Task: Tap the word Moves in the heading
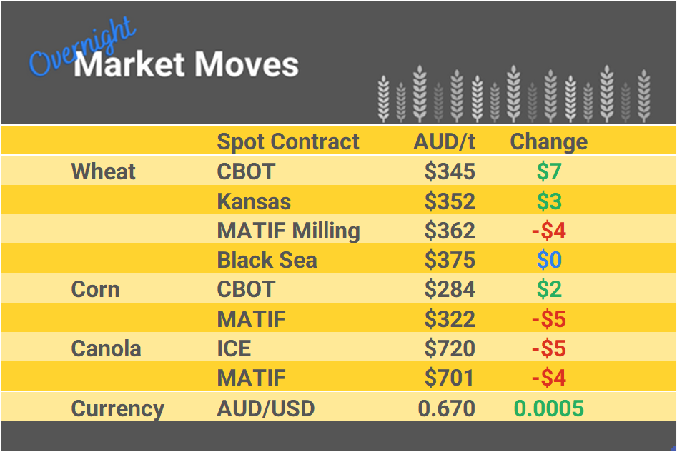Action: [x=246, y=65]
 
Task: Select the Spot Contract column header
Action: [x=288, y=141]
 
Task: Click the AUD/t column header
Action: [x=444, y=141]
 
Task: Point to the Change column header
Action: [x=548, y=141]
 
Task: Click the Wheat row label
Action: [x=104, y=171]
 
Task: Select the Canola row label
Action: [x=106, y=349]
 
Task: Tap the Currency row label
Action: [x=117, y=409]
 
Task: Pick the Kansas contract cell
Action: [x=254, y=201]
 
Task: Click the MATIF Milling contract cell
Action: [x=288, y=231]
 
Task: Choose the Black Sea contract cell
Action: [x=267, y=261]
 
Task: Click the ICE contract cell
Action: [x=234, y=349]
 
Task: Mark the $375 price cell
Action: [x=450, y=261]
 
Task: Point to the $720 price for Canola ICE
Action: [x=450, y=349]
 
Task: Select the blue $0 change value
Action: [x=549, y=261]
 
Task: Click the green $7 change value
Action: [x=549, y=171]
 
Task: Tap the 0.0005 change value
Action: [x=548, y=409]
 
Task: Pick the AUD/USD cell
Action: [x=265, y=409]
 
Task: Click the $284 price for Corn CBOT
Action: [x=450, y=290]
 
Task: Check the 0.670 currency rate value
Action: [x=447, y=409]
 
